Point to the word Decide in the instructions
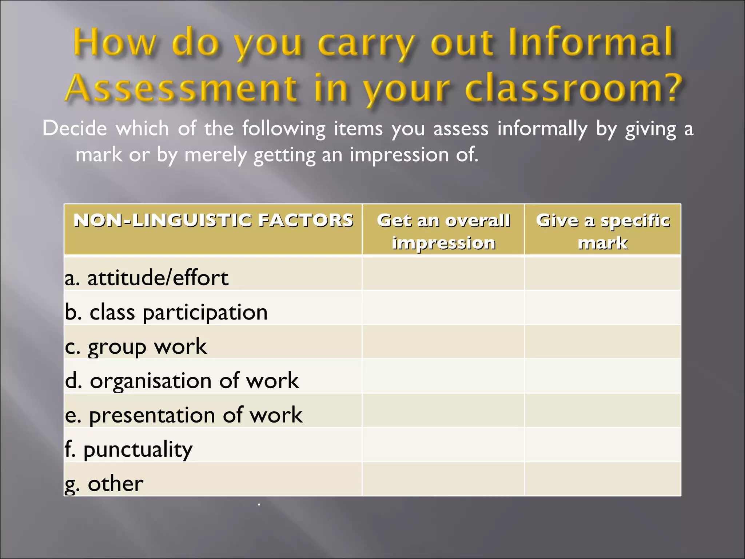[75, 128]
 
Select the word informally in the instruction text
[542, 129]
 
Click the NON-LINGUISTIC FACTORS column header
[213, 221]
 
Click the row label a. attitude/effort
[147, 278]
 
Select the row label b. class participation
[166, 312]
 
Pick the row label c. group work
[136, 346]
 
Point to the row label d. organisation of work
[182, 381]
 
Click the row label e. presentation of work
[184, 415]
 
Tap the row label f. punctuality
[128, 449]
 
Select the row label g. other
[104, 484]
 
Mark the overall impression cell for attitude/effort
[443, 274]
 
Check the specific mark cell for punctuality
[602, 445]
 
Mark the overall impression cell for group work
[443, 342]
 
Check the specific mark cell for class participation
[602, 308]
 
